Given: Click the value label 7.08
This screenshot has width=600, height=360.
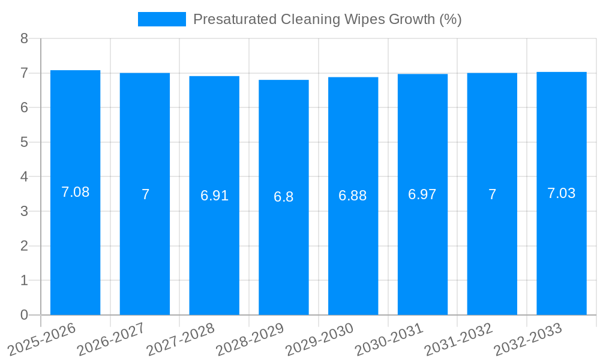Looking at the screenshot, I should pos(75,193).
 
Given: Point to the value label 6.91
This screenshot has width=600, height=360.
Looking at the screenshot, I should pos(214,196).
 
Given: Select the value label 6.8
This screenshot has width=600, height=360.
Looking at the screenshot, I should pos(284,197).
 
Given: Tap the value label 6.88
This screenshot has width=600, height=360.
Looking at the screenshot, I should pos(353,196).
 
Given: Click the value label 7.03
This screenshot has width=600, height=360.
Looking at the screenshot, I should pos(562,193).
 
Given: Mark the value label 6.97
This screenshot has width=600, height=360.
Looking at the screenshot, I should pos(422,194).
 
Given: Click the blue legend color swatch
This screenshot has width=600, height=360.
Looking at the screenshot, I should pos(162,19).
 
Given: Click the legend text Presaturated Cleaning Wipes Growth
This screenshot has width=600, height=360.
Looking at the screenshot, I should pos(327,19).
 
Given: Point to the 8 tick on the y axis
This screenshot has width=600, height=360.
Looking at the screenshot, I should pos(24,38).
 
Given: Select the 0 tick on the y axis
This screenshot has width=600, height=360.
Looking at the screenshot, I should pos(24,315).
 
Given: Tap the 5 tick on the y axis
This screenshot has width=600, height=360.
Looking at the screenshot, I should pos(24,142).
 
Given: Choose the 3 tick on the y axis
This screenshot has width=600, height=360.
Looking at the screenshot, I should pos(24,211).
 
